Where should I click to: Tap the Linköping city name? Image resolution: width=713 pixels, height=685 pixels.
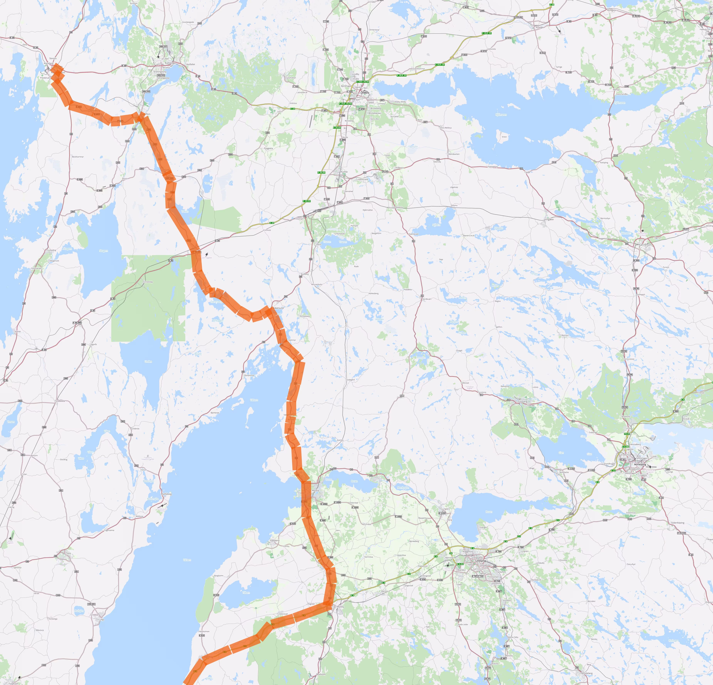point(481,561)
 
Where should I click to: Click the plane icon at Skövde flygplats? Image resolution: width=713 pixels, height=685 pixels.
point(10,538)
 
